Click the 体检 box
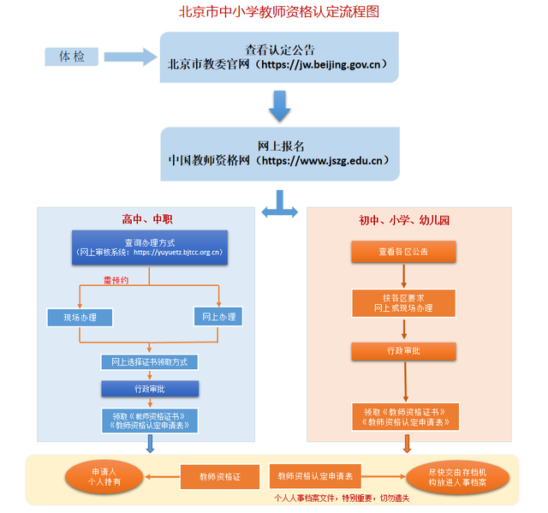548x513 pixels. click(x=72, y=57)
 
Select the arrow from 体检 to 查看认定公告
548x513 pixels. click(x=128, y=57)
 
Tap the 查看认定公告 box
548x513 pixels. click(x=279, y=57)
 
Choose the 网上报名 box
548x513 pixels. click(x=279, y=153)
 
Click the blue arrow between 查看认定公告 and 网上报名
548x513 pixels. click(x=279, y=104)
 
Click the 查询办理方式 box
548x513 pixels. click(x=150, y=248)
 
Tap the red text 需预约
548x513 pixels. click(x=116, y=280)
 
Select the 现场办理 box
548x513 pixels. click(x=80, y=318)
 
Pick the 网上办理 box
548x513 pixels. click(x=219, y=317)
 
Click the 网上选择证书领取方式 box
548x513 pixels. click(x=150, y=361)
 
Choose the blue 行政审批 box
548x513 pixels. click(x=150, y=388)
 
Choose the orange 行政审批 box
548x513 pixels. click(x=402, y=351)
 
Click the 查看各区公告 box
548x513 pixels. click(x=402, y=252)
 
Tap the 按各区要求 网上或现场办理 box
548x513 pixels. click(x=402, y=302)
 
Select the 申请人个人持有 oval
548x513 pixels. click(x=104, y=477)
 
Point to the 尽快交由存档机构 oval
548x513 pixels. click(x=457, y=477)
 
